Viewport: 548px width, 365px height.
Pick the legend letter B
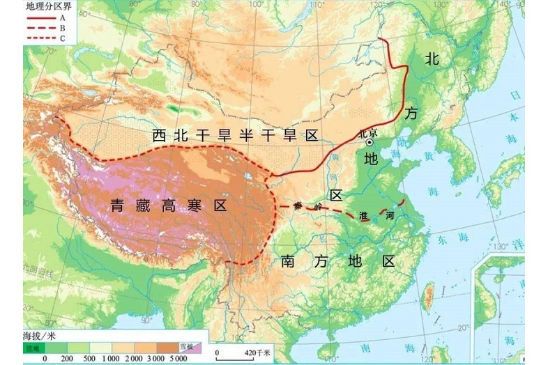click(62, 27)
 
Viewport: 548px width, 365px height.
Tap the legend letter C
click(62, 38)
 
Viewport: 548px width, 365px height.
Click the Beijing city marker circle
click(369, 141)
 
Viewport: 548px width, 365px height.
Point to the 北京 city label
click(367, 132)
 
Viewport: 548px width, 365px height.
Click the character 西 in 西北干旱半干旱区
click(160, 134)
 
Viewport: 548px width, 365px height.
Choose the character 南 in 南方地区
click(289, 262)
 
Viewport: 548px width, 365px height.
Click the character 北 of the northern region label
click(432, 59)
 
